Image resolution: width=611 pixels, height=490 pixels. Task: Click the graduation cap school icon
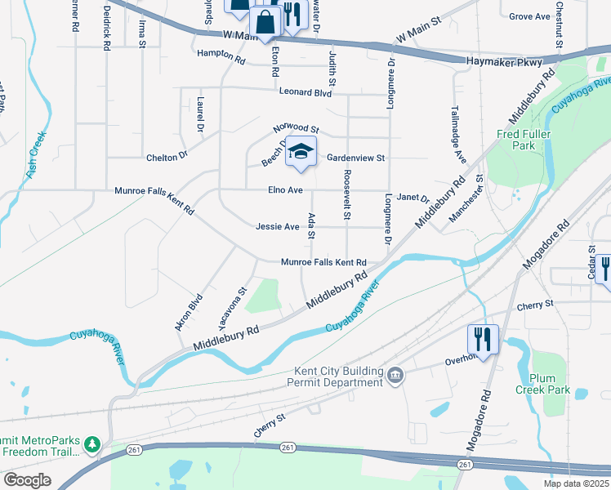tap(301, 152)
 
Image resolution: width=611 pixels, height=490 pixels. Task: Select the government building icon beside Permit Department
tap(395, 376)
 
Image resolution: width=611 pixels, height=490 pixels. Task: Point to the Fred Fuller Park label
tap(524, 140)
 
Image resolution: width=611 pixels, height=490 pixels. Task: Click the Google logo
tap(27, 479)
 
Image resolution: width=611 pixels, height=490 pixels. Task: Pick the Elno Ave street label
tap(285, 190)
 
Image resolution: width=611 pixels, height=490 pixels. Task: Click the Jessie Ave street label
tap(277, 226)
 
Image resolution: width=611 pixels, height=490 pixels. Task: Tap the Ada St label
tap(311, 225)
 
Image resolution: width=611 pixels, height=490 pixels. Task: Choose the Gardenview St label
tap(355, 158)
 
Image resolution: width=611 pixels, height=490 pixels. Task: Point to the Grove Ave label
tap(529, 16)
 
